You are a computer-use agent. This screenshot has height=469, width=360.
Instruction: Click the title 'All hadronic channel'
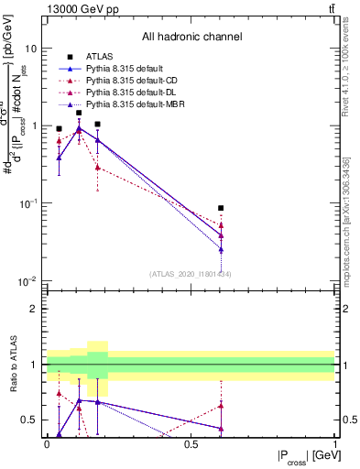191,38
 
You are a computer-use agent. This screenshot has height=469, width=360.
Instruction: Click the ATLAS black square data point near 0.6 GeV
221,208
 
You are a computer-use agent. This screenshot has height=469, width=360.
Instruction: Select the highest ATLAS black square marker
79,113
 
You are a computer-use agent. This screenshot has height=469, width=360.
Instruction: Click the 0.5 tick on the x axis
191,444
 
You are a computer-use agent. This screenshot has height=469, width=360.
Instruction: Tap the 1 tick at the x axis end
334,444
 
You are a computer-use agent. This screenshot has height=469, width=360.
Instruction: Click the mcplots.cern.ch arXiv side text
352,229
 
